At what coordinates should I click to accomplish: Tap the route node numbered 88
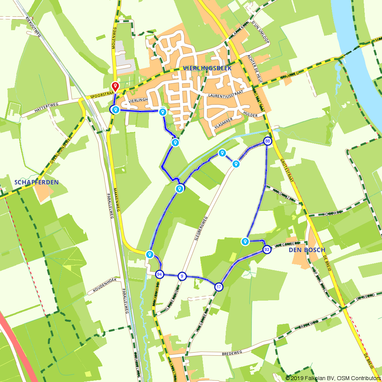(267, 141)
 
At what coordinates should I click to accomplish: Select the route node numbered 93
(267, 249)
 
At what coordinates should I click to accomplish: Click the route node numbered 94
(160, 275)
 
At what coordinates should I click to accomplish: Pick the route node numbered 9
(182, 276)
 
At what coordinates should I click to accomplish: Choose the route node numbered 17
(219, 287)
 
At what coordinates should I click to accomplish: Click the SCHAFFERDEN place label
(37, 182)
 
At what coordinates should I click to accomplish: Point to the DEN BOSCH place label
(307, 250)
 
